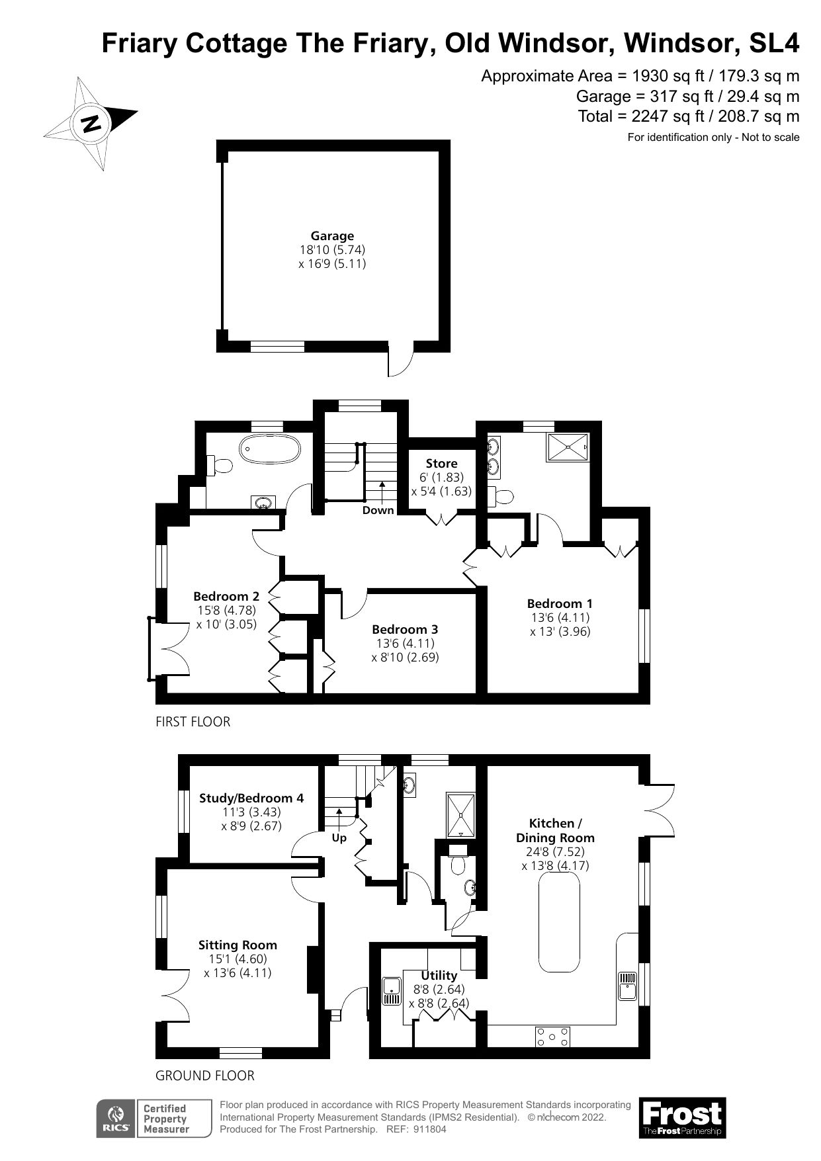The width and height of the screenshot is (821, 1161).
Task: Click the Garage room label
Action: tap(332, 236)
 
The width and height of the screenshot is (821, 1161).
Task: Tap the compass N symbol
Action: tap(91, 123)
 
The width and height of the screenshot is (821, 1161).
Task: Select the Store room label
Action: tap(441, 463)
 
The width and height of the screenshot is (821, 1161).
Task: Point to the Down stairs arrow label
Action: tap(378, 510)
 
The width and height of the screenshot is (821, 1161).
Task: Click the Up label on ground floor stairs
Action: tap(339, 838)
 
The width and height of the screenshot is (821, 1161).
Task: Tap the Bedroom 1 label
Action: tap(560, 603)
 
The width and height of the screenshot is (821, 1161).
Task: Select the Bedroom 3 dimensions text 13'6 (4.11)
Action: tap(405, 643)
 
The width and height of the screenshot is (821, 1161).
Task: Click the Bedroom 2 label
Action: tap(226, 596)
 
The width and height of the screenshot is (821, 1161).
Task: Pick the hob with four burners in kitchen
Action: tap(552, 1037)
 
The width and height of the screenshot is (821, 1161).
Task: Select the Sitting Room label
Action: tap(238, 945)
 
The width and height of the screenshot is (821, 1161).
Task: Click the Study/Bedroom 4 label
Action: tap(251, 798)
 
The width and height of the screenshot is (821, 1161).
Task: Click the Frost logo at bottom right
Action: tap(682, 1117)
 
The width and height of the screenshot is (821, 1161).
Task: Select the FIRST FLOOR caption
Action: tap(193, 722)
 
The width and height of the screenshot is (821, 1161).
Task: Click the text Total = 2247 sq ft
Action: tap(688, 117)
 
